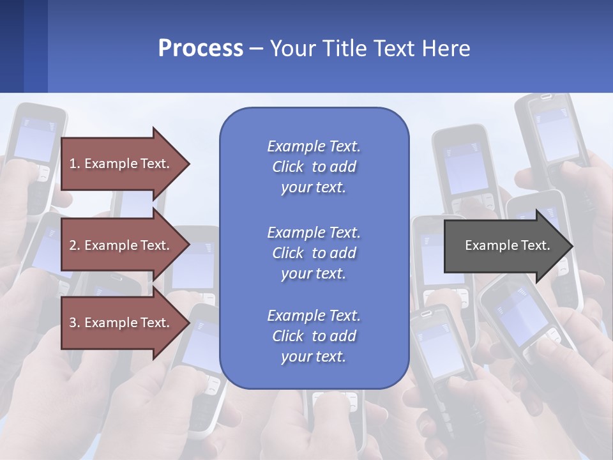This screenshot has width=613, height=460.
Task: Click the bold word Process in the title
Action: click(x=201, y=49)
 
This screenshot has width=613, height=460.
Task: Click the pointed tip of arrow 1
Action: click(x=188, y=164)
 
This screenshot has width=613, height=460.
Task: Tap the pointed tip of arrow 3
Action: click(x=188, y=323)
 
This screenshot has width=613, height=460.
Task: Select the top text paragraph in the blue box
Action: click(x=314, y=167)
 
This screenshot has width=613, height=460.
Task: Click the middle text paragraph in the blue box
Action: click(x=314, y=253)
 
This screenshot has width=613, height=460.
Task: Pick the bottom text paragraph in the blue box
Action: click(x=314, y=336)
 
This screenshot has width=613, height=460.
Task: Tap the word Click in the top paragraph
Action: click(x=288, y=167)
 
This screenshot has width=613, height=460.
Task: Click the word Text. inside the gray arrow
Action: click(x=533, y=245)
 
